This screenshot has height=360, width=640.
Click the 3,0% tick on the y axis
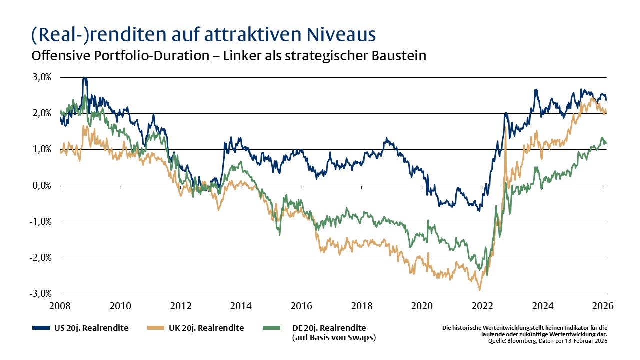tap(41, 77)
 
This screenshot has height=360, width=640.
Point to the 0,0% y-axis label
tap(41, 186)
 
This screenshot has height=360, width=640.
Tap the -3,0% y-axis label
tap(40, 294)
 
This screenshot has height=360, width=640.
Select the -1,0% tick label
tap(40, 222)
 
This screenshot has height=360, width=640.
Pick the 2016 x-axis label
tap(301, 305)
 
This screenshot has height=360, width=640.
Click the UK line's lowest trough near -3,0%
tap(480, 290)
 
